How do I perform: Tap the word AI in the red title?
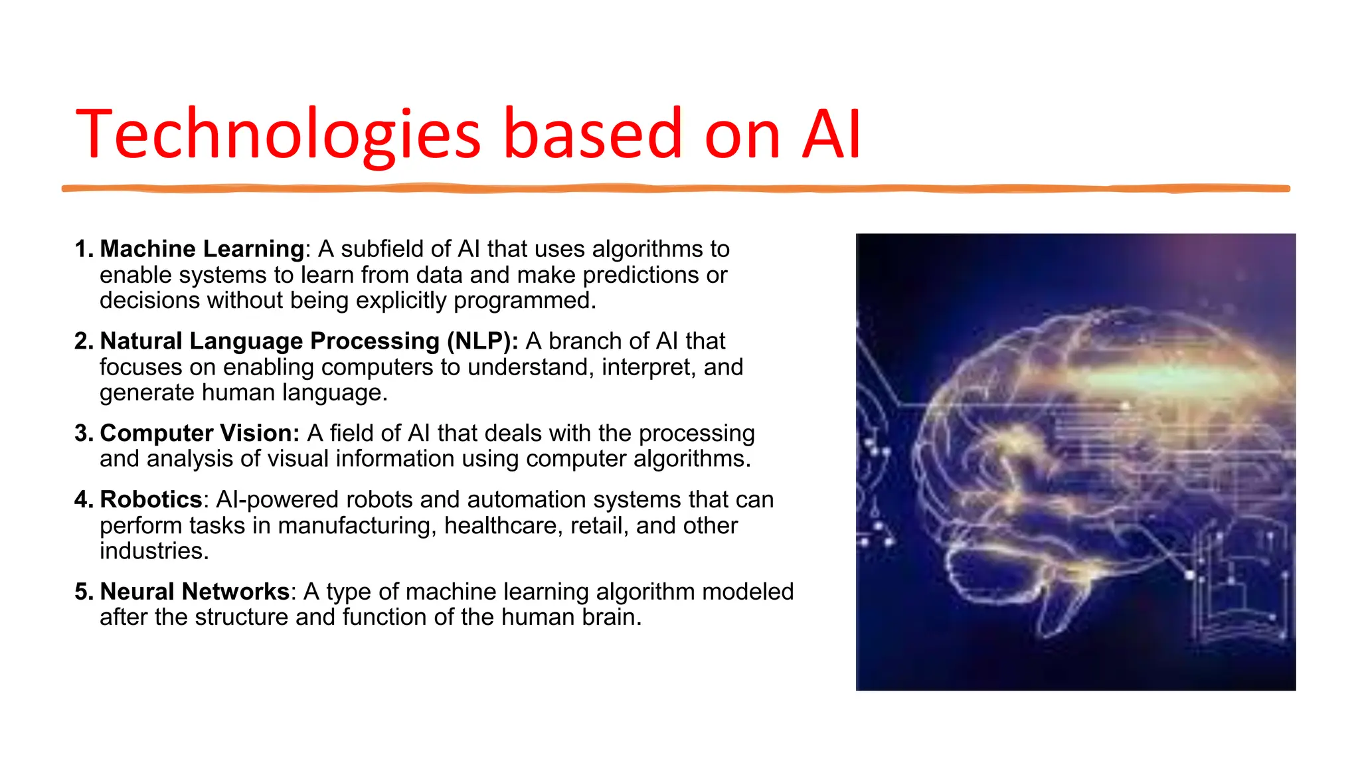coord(831,135)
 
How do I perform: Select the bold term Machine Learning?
coord(202,249)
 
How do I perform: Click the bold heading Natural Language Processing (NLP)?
coord(309,341)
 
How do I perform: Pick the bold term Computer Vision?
coord(199,434)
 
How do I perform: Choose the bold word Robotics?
coord(151,499)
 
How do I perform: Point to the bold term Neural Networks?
coord(195,592)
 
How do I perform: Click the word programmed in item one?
coord(524,301)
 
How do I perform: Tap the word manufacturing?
coord(357,526)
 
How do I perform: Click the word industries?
coord(153,551)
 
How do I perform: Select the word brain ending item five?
coord(611,618)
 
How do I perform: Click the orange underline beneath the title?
coord(675,189)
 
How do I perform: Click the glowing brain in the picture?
coord(1076,465)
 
